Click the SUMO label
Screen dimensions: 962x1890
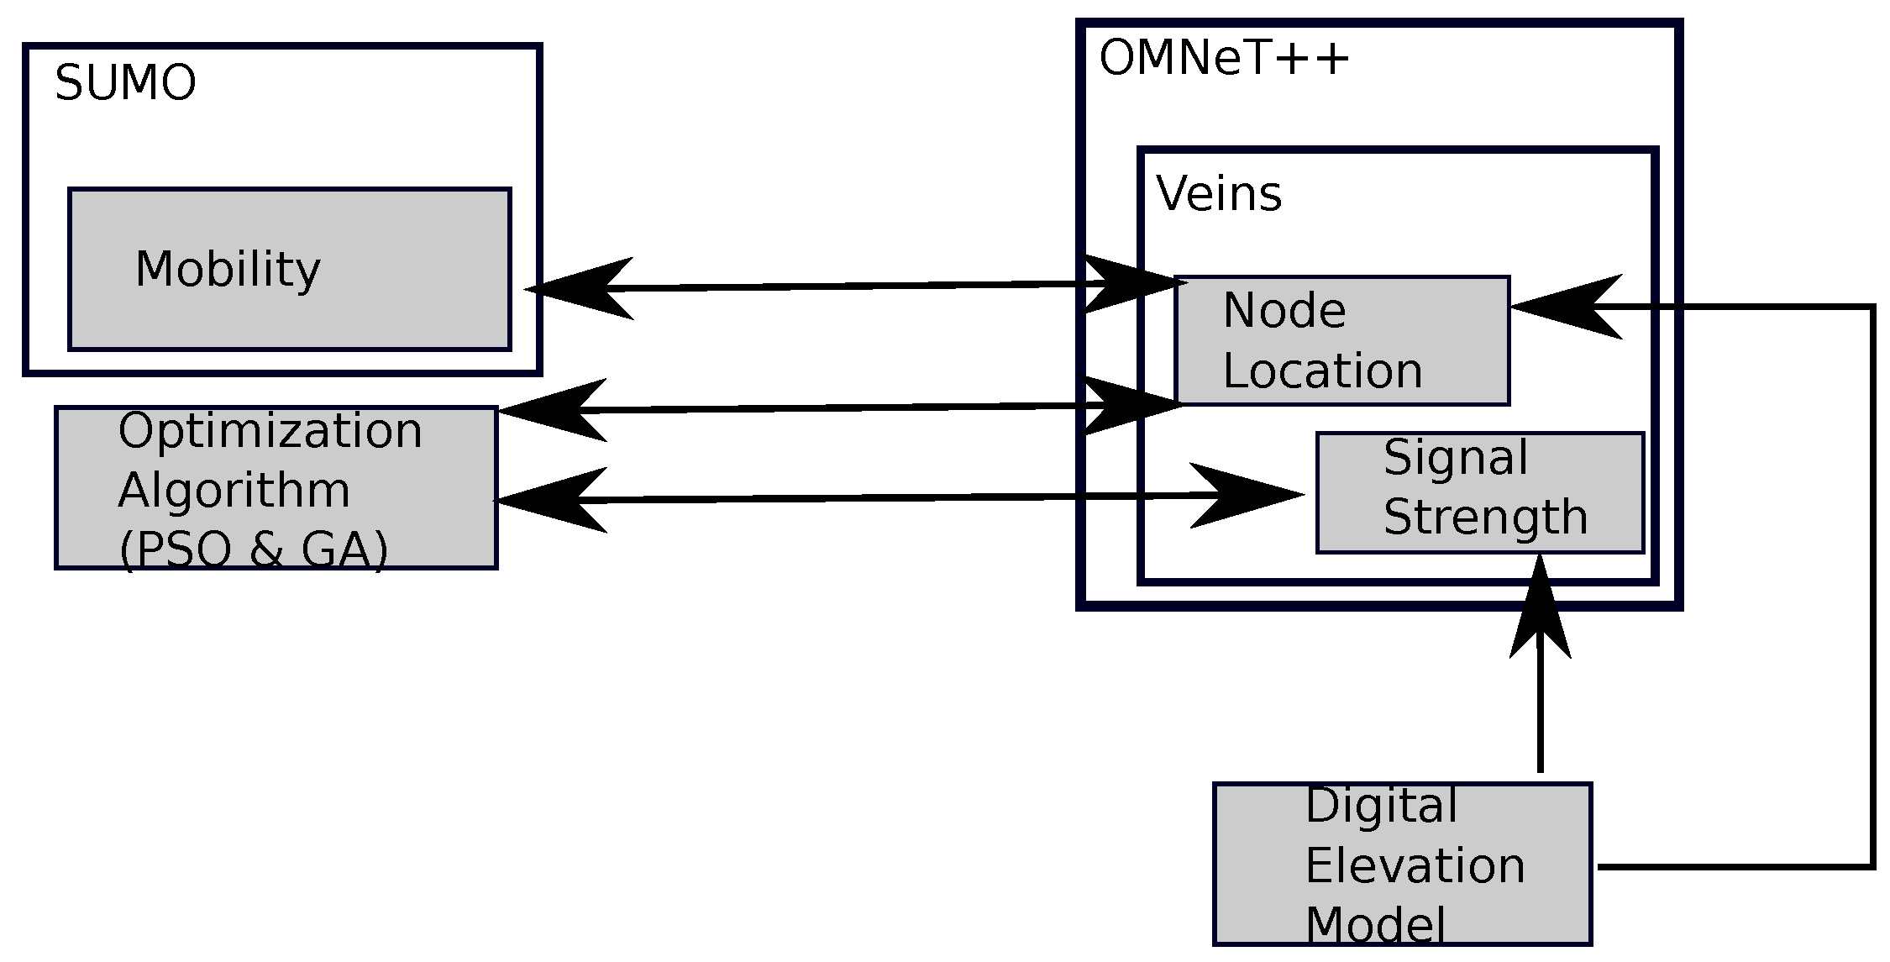(x=125, y=84)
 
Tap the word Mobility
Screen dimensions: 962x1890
(x=228, y=270)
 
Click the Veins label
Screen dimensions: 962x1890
(x=1219, y=194)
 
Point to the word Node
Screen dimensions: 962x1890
(x=1284, y=311)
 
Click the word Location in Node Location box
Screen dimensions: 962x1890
(x=1322, y=371)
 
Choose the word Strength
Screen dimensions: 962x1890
(x=1485, y=517)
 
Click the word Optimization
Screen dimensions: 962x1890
(x=270, y=431)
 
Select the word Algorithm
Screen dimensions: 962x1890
(x=234, y=491)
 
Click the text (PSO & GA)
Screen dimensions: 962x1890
(x=254, y=551)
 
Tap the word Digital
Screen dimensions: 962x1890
(x=1381, y=806)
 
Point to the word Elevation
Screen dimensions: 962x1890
(x=1415, y=866)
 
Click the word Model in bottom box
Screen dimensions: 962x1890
(x=1375, y=926)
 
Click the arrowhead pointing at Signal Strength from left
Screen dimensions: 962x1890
(x=1252, y=496)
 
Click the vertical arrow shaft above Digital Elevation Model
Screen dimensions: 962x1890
(x=1540, y=714)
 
